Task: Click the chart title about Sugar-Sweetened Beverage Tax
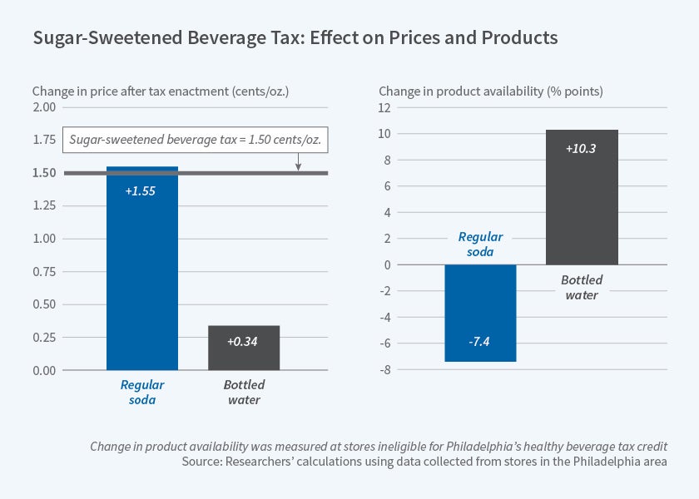pyautogui.click(x=295, y=38)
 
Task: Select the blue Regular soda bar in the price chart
pyautogui.click(x=142, y=274)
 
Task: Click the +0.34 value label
pyautogui.click(x=244, y=341)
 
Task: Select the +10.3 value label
pyautogui.click(x=582, y=149)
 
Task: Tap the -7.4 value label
pyautogui.click(x=480, y=343)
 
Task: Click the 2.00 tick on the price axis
pyautogui.click(x=44, y=107)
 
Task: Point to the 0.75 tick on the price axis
pyautogui.click(x=44, y=272)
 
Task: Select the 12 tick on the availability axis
pyautogui.click(x=385, y=107)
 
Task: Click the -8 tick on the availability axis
pyautogui.click(x=385, y=370)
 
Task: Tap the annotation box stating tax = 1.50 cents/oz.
pyautogui.click(x=196, y=141)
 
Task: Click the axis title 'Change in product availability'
pyautogui.click(x=491, y=91)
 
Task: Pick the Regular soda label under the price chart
pyautogui.click(x=142, y=393)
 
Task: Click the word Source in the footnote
pyautogui.click(x=202, y=462)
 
